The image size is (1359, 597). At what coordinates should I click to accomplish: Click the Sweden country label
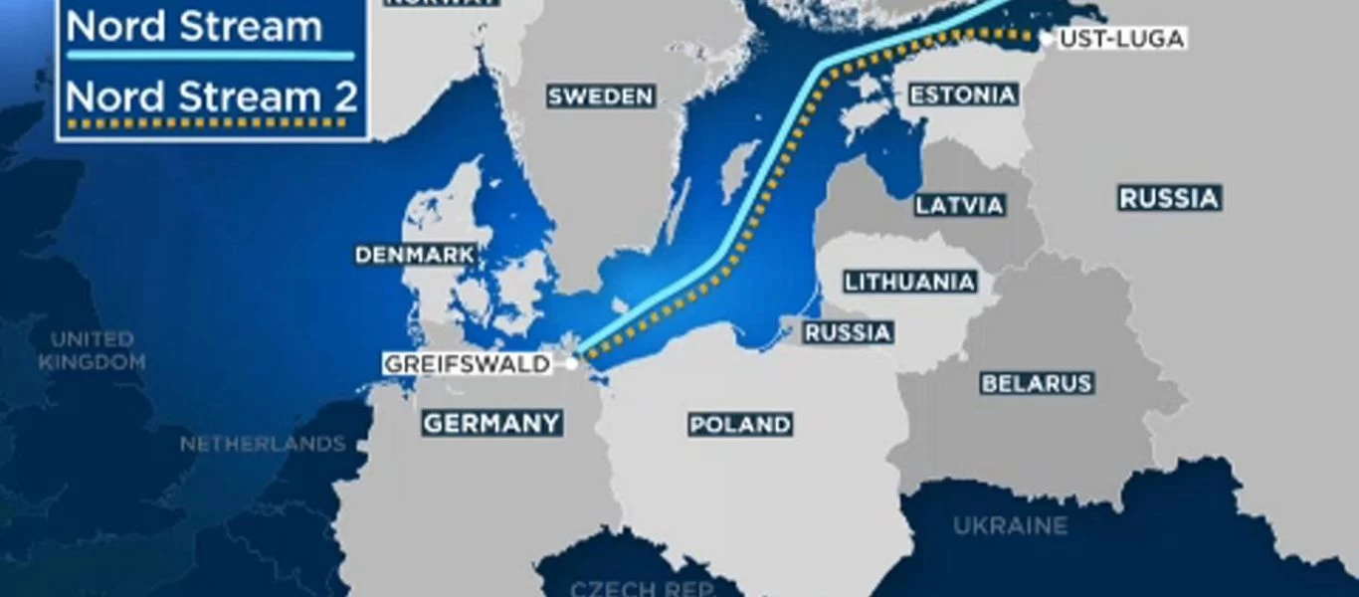coord(601,97)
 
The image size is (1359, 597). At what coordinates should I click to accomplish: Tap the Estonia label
coord(962,96)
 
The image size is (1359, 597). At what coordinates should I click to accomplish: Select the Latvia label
coord(959,206)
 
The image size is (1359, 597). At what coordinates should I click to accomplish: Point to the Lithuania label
coord(909,283)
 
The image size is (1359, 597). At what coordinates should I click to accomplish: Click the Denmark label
coord(415,256)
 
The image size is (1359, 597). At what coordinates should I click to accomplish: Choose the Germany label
coord(491,424)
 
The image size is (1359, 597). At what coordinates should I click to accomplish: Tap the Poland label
coord(740,426)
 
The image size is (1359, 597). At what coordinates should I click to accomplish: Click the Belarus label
coord(1037,384)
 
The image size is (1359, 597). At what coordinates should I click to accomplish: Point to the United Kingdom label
coord(93,351)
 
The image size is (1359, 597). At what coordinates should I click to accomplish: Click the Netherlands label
coord(263,444)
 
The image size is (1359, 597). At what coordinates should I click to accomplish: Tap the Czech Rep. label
coord(643,587)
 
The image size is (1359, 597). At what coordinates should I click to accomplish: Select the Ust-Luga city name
coord(1121,40)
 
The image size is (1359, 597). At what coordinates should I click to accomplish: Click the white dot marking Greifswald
coord(571,364)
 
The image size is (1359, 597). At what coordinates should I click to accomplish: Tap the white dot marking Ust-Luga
coord(1047,39)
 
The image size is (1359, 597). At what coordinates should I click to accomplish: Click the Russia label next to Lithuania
coord(848,333)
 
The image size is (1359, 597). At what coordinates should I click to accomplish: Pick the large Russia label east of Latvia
coord(1169,199)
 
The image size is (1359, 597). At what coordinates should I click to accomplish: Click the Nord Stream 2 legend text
coord(212,98)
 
